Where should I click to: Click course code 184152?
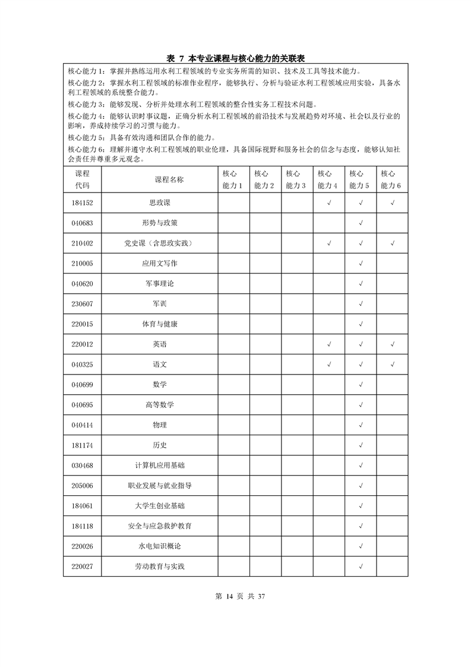click(x=82, y=203)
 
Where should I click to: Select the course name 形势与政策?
click(x=160, y=223)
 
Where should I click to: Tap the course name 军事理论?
click(x=160, y=284)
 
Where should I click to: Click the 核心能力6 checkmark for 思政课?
click(x=393, y=203)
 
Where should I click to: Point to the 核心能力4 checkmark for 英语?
click(x=329, y=344)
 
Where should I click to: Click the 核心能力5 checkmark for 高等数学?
click(x=361, y=405)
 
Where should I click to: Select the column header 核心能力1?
click(x=233, y=180)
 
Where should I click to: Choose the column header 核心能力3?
click(x=296, y=180)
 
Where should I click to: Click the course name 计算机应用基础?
click(x=160, y=465)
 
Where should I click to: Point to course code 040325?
click(x=82, y=364)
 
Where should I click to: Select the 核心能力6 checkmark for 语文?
click(x=393, y=364)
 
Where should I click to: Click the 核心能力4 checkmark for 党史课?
click(x=329, y=243)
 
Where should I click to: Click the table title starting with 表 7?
click(x=235, y=58)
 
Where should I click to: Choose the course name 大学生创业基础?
click(x=160, y=506)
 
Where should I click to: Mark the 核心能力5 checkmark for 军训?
click(x=361, y=304)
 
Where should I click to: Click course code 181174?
click(x=82, y=445)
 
